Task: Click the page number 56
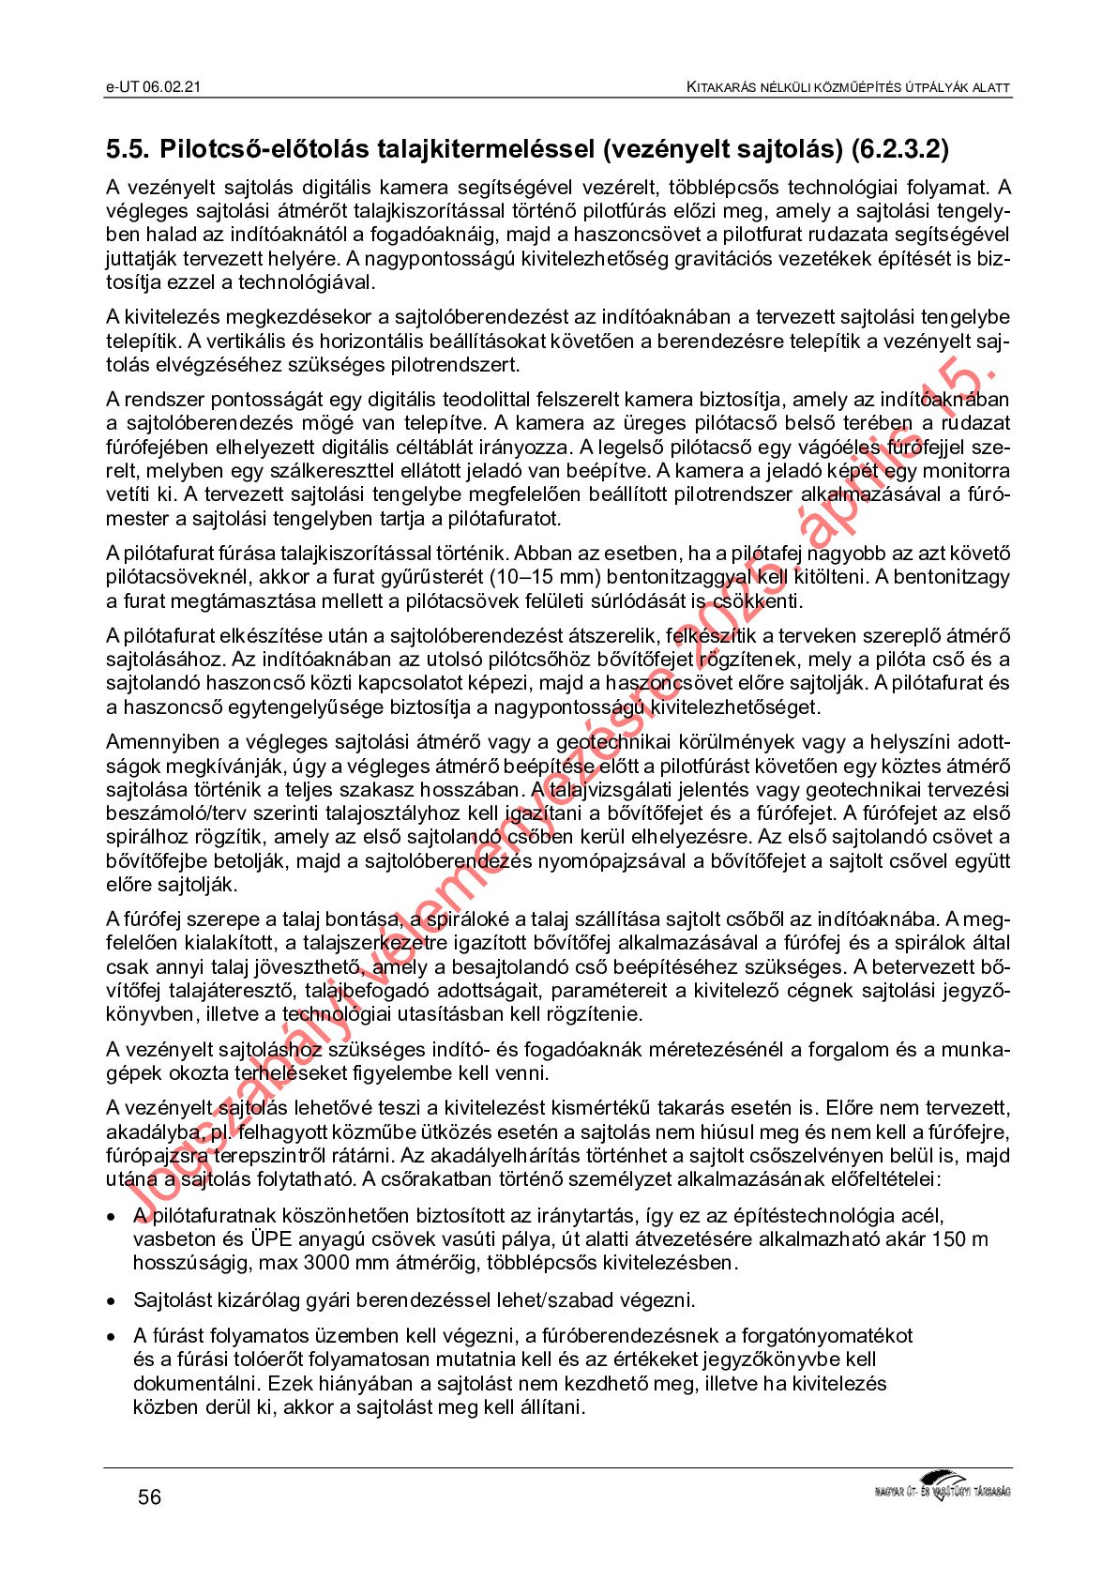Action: coord(149,1496)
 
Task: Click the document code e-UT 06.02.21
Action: coord(153,86)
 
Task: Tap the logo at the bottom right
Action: coord(942,1486)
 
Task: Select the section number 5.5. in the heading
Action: coord(128,149)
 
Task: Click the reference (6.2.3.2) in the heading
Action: coord(900,149)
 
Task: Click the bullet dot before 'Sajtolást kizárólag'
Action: coord(113,1301)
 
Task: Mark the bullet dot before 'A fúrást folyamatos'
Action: coord(113,1336)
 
